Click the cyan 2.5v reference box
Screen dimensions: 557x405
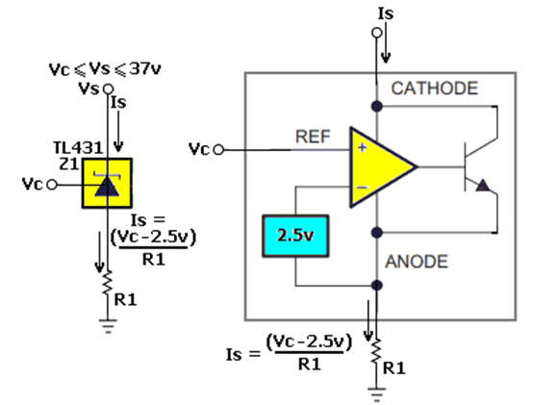tap(295, 236)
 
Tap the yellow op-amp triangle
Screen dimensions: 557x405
tap(376, 167)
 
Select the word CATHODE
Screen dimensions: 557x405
tap(435, 89)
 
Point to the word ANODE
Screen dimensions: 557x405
tap(417, 262)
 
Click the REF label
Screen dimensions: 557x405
tap(313, 137)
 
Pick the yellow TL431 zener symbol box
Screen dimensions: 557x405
tap(107, 183)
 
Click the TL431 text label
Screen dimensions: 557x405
tap(78, 148)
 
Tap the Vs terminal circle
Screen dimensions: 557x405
tap(109, 89)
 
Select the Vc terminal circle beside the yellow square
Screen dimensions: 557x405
tap(52, 185)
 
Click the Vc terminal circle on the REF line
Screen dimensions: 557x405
tap(218, 150)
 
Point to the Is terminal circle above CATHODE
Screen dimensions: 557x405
tap(377, 33)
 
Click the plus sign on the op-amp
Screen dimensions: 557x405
tap(362, 147)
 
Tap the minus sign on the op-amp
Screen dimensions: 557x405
tap(362, 188)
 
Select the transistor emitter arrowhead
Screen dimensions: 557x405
tap(483, 186)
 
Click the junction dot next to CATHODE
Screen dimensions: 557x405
tap(377, 106)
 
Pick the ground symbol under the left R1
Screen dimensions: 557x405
tap(108, 326)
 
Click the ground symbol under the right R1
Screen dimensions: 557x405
tap(376, 394)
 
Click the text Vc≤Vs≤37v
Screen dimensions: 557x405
tap(105, 68)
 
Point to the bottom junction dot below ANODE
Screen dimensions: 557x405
tap(377, 285)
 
